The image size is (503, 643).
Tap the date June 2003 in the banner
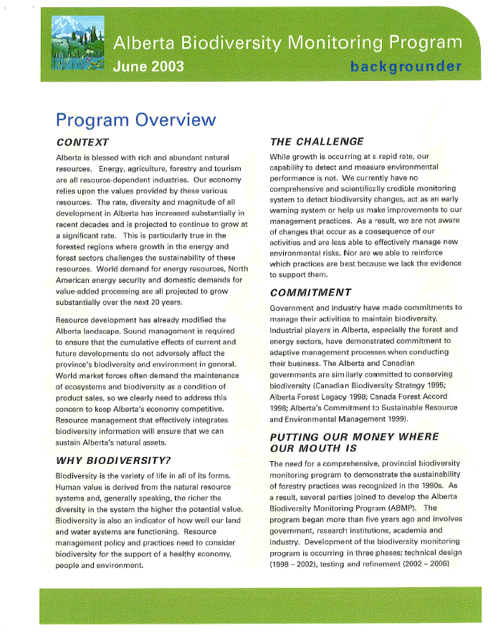tap(148, 67)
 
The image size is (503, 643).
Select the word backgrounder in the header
tap(406, 67)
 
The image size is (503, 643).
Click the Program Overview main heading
tap(135, 120)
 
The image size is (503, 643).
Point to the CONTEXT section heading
tap(82, 142)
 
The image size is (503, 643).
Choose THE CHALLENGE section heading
tap(317, 142)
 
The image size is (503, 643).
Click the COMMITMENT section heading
tap(310, 292)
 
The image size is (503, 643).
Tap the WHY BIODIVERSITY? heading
tap(113, 460)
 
